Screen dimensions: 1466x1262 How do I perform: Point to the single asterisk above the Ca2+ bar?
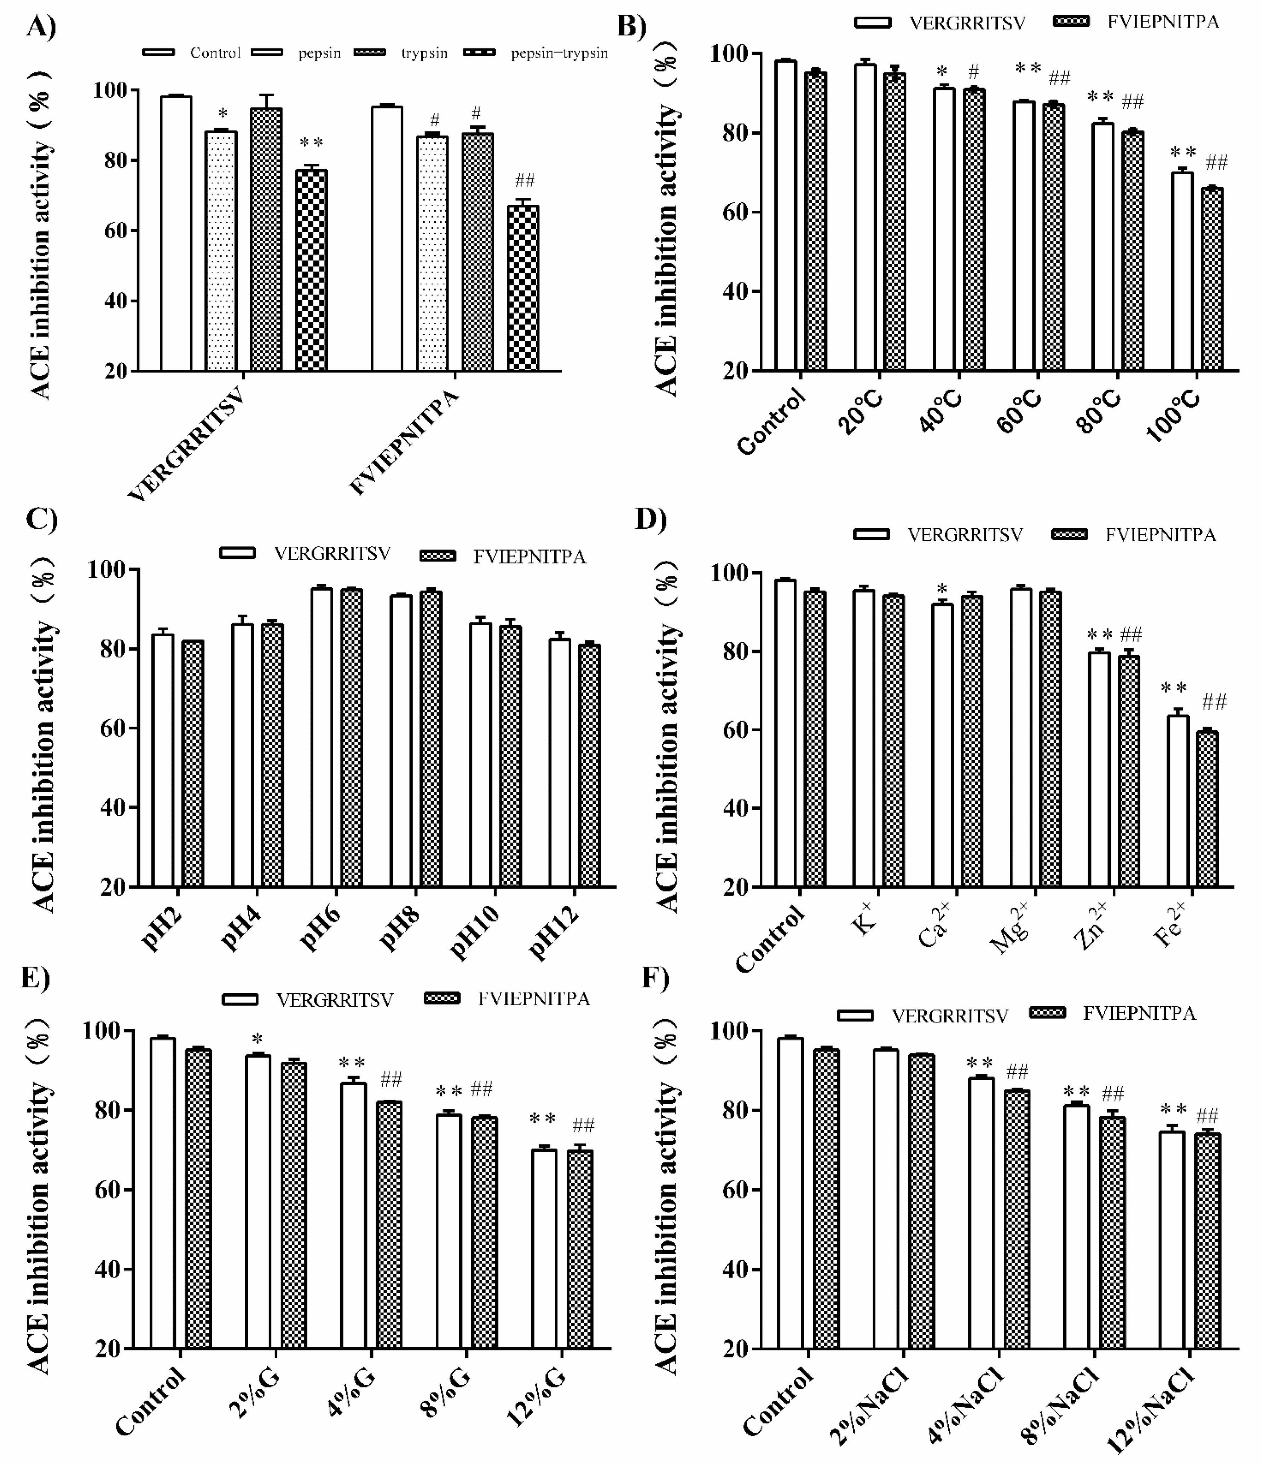[942, 589]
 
